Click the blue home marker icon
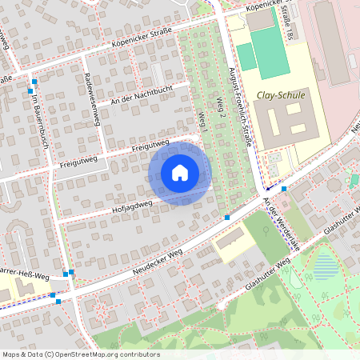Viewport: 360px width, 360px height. pos(180,173)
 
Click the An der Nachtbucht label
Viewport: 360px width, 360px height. pos(138,93)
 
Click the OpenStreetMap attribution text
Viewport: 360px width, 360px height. pos(80,354)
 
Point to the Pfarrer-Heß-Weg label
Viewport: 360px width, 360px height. pos(24,278)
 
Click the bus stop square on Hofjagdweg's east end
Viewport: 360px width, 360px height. pos(227,217)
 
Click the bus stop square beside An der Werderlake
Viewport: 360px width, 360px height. pos(283,189)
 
